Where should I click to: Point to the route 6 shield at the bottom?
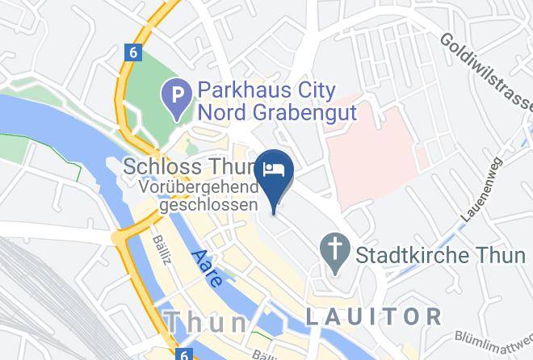[185, 354]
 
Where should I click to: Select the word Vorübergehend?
[199, 187]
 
